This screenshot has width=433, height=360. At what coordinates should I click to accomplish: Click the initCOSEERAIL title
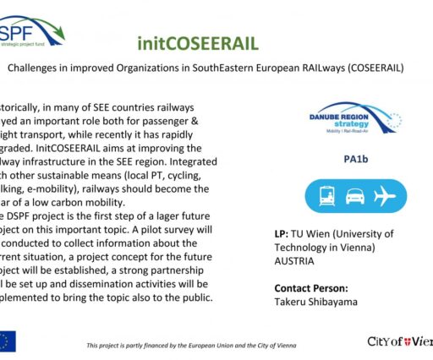[x=197, y=43]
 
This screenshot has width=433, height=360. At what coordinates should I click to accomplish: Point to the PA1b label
[x=355, y=159]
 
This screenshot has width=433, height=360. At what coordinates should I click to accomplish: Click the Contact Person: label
[x=316, y=288]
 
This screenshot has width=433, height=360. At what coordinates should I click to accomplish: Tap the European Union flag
[x=7, y=341]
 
